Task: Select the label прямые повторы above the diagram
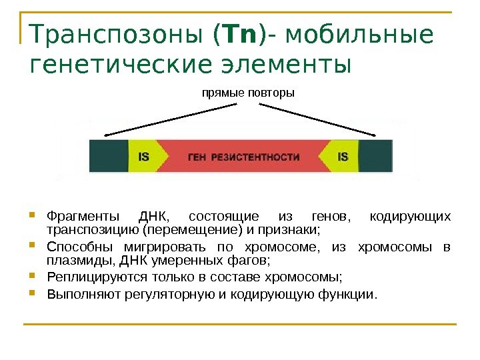247,93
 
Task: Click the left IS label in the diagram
143,157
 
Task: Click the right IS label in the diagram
343,157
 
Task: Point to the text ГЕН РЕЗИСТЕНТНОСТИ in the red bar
243,157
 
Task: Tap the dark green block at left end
107,156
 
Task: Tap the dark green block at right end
376,156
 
